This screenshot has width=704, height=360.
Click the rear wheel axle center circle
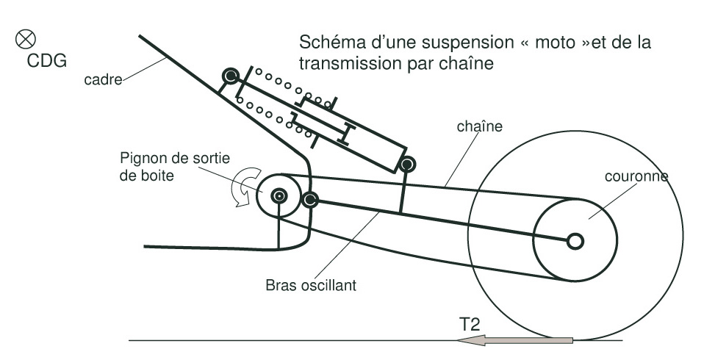coord(575,240)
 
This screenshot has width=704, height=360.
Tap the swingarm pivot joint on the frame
coord(309,199)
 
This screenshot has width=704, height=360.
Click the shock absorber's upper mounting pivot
coord(231,75)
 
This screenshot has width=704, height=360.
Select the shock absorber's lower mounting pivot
coord(408,162)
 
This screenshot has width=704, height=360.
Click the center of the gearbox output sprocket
coord(279,195)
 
